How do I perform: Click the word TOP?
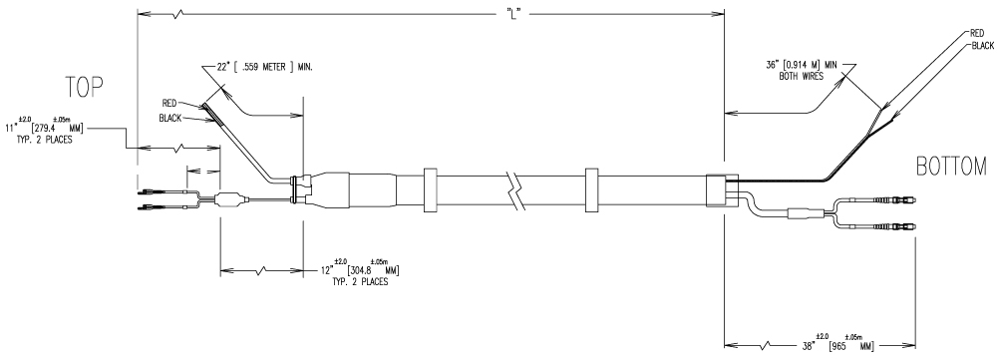click(x=84, y=87)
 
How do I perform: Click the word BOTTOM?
click(x=951, y=167)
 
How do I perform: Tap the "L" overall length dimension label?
click(x=514, y=13)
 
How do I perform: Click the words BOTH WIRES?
click(x=802, y=76)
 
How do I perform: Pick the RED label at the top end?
click(x=169, y=103)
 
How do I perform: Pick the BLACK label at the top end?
click(x=170, y=118)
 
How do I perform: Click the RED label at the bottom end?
click(x=977, y=33)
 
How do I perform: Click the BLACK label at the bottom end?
click(x=983, y=46)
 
